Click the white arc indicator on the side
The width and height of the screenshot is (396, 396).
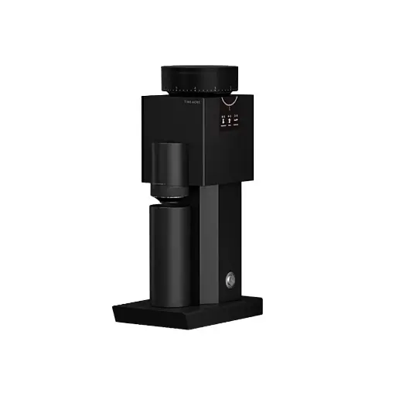point(229,101)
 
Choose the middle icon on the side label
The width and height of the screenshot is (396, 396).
point(230,120)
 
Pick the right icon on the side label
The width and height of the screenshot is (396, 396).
point(236,119)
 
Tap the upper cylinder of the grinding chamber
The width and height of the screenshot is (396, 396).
point(169,166)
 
